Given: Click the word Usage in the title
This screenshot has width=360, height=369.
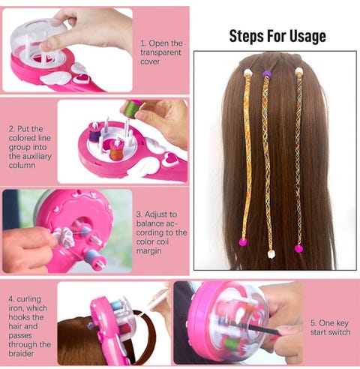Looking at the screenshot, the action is (x=307, y=37).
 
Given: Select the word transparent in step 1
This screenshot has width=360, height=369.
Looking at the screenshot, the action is (x=160, y=52).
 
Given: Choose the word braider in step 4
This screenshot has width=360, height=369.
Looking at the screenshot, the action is (x=21, y=353).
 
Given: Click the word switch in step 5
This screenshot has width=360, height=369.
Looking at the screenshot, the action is (x=340, y=332).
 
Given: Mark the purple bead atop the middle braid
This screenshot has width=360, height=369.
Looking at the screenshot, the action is (x=267, y=73).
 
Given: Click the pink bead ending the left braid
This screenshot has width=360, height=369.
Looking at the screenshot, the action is (x=243, y=241).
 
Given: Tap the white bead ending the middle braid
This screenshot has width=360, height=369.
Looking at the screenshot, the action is (x=271, y=254).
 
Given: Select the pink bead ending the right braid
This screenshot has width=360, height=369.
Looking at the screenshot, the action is (x=298, y=249).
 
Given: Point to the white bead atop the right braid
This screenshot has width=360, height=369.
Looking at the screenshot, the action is (x=298, y=71).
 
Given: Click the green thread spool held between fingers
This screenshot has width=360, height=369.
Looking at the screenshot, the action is (x=132, y=109).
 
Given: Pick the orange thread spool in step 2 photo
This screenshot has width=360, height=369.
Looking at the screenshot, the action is (x=116, y=151).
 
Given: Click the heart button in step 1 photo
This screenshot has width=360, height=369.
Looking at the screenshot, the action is (x=82, y=78).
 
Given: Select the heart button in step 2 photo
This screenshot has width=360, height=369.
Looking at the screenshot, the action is (x=170, y=160).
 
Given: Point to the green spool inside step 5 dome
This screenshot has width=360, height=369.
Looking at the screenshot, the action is (x=229, y=343).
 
